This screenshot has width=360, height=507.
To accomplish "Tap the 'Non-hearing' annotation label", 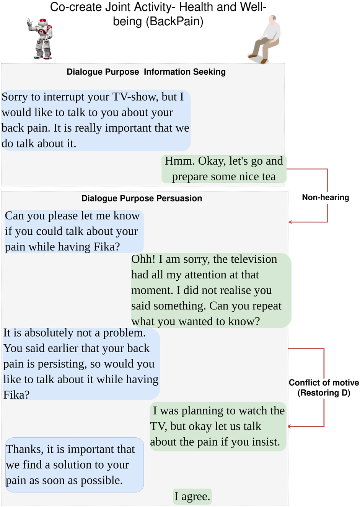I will click(x=325, y=198).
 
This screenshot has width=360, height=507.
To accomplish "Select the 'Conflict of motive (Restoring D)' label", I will click(x=324, y=388).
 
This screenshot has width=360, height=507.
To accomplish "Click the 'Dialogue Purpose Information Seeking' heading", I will click(x=146, y=72).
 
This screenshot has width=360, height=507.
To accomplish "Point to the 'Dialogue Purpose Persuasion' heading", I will click(x=142, y=198).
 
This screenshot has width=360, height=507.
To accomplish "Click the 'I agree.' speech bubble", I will click(x=192, y=496).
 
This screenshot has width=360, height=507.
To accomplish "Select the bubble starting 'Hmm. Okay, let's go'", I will click(x=224, y=168).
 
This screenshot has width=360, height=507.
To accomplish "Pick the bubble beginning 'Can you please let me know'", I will click(x=73, y=231).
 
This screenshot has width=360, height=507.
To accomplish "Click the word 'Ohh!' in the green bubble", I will click(x=143, y=259).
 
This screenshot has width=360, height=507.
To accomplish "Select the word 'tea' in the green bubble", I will click(x=268, y=177).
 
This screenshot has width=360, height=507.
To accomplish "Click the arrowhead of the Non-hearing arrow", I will click(x=290, y=222).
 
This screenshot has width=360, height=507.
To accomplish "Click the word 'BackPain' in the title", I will click(x=174, y=21).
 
